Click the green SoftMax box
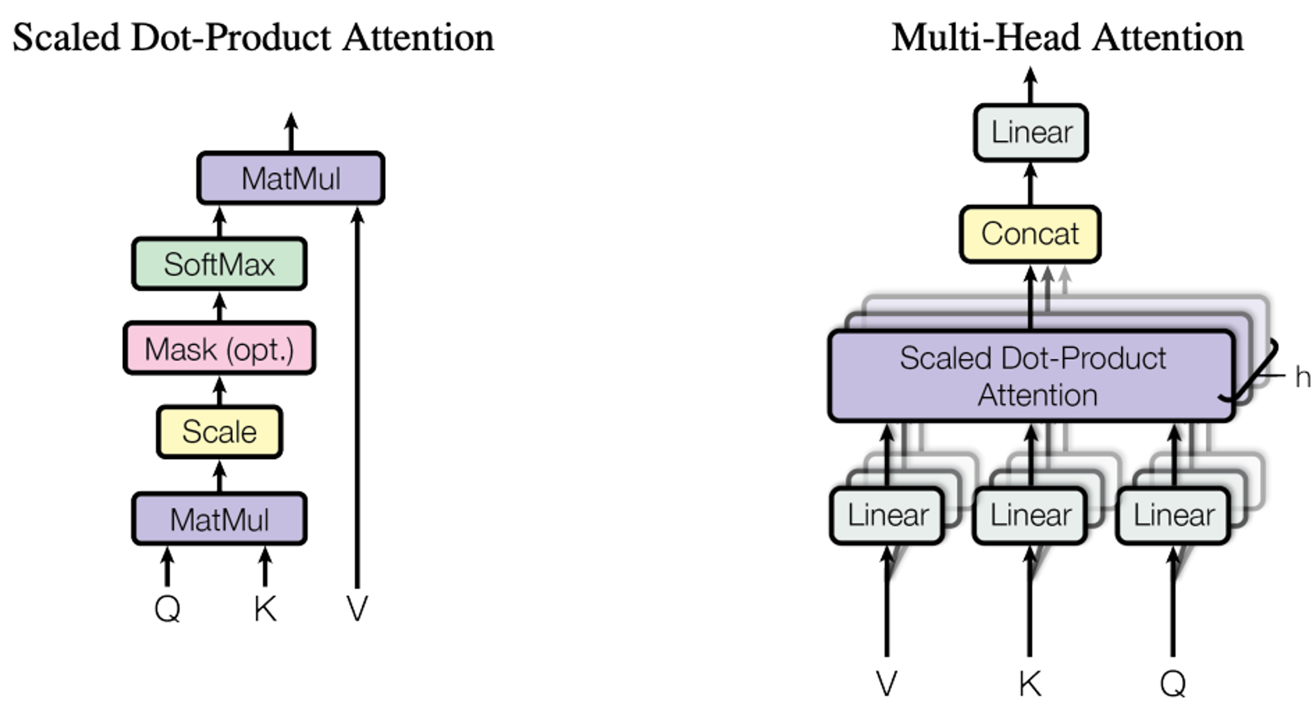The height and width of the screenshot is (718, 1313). [x=219, y=264]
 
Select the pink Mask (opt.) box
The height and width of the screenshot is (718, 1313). [x=219, y=349]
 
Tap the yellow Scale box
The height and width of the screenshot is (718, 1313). [x=219, y=432]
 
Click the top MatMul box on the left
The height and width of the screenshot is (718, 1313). [x=291, y=179]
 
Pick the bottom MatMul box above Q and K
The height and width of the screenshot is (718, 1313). [x=219, y=519]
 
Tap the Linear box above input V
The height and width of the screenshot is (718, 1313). [x=887, y=515]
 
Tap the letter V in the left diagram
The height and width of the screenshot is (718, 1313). [x=357, y=608]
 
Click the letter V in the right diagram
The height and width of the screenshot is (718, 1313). [x=886, y=683]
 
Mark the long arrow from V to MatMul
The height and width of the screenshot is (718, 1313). [x=357, y=398]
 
